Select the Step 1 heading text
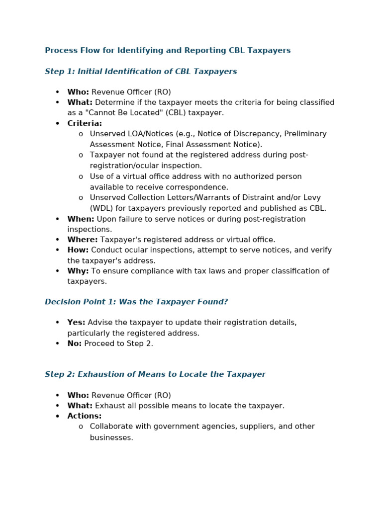[141, 72]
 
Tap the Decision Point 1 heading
[136, 302]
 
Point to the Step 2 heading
[155, 374]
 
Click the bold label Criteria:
[85, 123]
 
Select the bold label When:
[81, 219]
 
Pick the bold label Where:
[83, 240]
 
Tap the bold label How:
[78, 250]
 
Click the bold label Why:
[78, 271]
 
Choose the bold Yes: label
[76, 323]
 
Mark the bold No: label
[75, 343]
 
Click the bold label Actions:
[85, 416]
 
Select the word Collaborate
[110, 426]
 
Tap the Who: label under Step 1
[78, 92]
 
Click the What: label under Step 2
[80, 406]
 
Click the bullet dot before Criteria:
[57, 123]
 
